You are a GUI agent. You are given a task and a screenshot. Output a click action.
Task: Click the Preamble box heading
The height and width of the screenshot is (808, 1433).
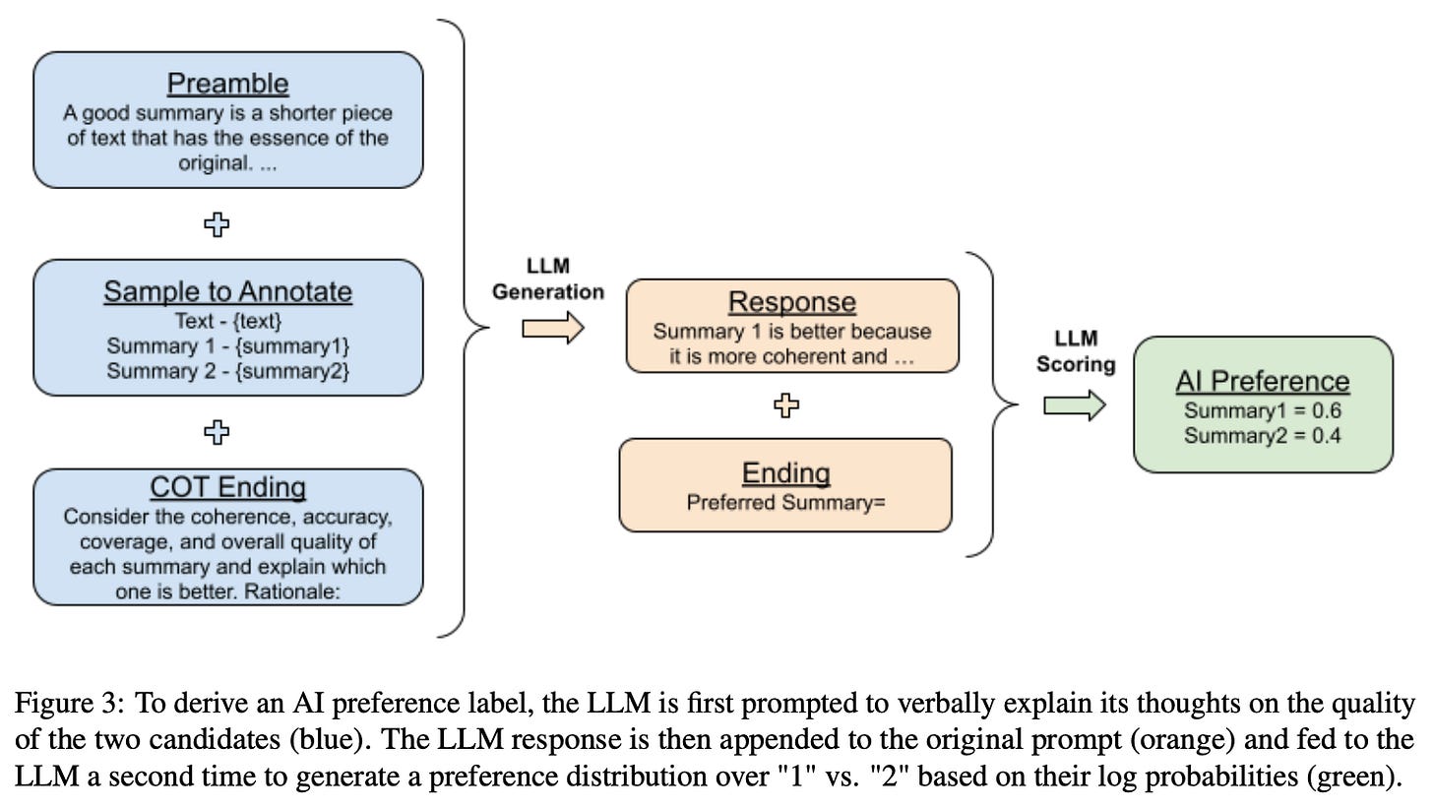(x=227, y=83)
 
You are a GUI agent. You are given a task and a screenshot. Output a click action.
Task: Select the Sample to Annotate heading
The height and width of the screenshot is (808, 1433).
(x=227, y=291)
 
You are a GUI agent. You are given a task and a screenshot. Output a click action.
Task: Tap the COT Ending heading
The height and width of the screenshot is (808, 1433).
(x=227, y=487)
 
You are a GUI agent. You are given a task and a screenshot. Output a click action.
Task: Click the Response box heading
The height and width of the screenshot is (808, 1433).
(x=791, y=302)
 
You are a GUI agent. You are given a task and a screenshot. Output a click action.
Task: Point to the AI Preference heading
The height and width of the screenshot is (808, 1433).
(x=1263, y=382)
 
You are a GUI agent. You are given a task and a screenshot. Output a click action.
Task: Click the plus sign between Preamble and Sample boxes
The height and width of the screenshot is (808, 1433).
(x=217, y=224)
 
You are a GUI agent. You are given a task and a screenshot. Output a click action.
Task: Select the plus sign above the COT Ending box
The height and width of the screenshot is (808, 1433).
(x=217, y=431)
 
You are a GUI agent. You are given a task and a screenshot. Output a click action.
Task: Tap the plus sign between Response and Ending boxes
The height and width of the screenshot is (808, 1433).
(x=785, y=405)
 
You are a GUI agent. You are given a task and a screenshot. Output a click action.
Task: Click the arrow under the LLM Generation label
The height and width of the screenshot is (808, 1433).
(x=552, y=329)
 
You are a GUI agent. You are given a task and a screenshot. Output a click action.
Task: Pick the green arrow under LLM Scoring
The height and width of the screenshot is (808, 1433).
(x=1075, y=404)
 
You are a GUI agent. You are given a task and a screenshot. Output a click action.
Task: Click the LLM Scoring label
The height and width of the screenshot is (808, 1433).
(x=1076, y=351)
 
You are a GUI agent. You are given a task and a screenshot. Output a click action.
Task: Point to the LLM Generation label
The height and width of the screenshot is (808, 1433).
(x=548, y=280)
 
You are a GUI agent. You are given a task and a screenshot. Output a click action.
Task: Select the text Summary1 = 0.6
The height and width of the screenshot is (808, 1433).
(x=1263, y=411)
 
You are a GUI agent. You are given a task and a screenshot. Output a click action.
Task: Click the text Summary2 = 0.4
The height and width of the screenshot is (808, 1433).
(x=1263, y=435)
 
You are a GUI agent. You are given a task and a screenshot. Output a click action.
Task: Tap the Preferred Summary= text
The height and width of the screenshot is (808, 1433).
(x=785, y=503)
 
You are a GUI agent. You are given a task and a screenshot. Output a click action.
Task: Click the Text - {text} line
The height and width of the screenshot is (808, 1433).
(x=227, y=320)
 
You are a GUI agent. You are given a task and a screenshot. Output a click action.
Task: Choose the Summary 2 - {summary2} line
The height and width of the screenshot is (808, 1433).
(x=227, y=371)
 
